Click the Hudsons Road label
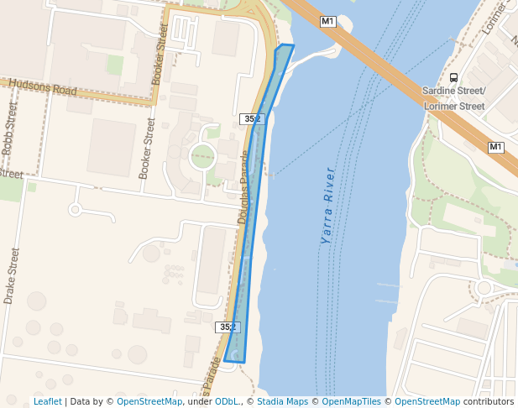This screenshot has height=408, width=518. [x=42, y=86]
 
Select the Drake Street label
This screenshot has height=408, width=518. [x=10, y=275]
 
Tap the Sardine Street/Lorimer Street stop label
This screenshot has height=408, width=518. [x=454, y=98]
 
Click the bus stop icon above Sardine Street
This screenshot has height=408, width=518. [x=454, y=77]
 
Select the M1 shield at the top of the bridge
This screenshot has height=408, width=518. [x=327, y=21]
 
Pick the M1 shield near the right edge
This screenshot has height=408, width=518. [x=495, y=147]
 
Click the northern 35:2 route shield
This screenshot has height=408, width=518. [x=251, y=119]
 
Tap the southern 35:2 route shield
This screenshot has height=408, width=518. [x=227, y=327]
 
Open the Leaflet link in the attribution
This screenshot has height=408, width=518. [x=47, y=401]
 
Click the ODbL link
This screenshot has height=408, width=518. [x=226, y=401]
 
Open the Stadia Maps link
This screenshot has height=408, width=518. [x=281, y=401]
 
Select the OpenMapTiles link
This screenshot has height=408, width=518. [x=352, y=401]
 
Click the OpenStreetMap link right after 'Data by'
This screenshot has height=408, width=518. [x=149, y=401]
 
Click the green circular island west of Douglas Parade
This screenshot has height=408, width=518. [x=202, y=155]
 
